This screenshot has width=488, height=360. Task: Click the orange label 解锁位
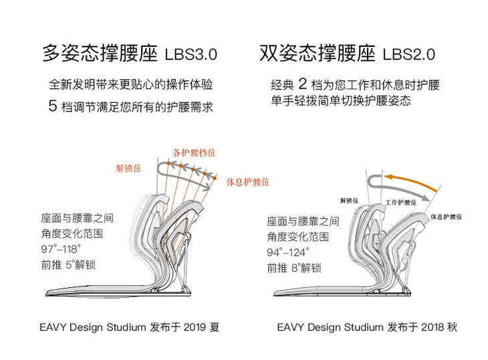click(128, 168)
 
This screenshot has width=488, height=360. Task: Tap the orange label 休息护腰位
click(248, 181)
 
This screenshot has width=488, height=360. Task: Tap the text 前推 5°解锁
click(69, 265)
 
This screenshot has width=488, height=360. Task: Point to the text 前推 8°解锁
click(293, 268)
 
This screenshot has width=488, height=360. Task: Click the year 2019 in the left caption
click(193, 327)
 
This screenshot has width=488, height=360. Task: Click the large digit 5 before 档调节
click(53, 106)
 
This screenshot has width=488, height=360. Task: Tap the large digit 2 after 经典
click(302, 85)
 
